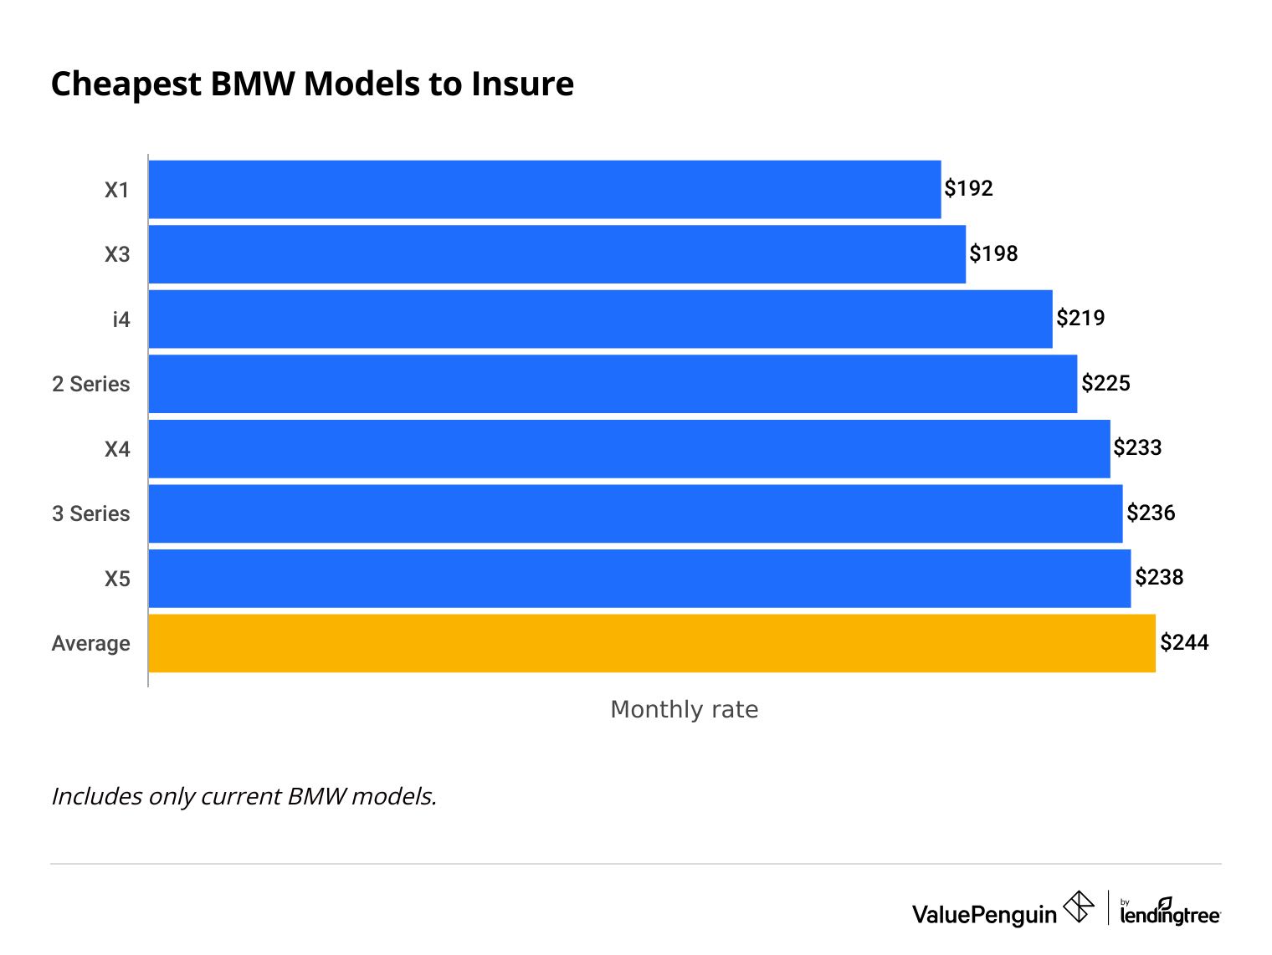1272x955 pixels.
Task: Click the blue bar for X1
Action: [x=544, y=190]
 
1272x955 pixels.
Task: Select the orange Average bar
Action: [x=651, y=643]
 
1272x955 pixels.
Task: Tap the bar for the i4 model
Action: [x=600, y=319]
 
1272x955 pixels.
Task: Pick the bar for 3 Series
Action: [x=635, y=513]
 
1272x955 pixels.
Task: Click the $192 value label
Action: [x=968, y=188]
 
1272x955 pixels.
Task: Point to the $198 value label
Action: [x=993, y=253]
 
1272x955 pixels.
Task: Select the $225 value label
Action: [x=1105, y=383]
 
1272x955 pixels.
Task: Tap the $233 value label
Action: [x=1137, y=447]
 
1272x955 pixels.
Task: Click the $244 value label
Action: [x=1184, y=642]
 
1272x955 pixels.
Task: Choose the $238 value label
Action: [x=1159, y=577]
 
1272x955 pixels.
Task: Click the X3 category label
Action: [x=117, y=254]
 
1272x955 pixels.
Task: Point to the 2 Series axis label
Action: [x=91, y=384]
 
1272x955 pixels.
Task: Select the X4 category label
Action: [x=117, y=449]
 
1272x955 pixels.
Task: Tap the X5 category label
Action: [x=117, y=579]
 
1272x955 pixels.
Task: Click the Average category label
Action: [x=91, y=643]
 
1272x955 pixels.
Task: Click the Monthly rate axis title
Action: [x=684, y=709]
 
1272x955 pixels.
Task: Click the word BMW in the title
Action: [x=252, y=84]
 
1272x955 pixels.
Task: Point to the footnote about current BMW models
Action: [x=244, y=795]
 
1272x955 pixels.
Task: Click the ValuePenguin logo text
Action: [x=984, y=914]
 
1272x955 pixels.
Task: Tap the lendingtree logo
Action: [x=1170, y=912]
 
